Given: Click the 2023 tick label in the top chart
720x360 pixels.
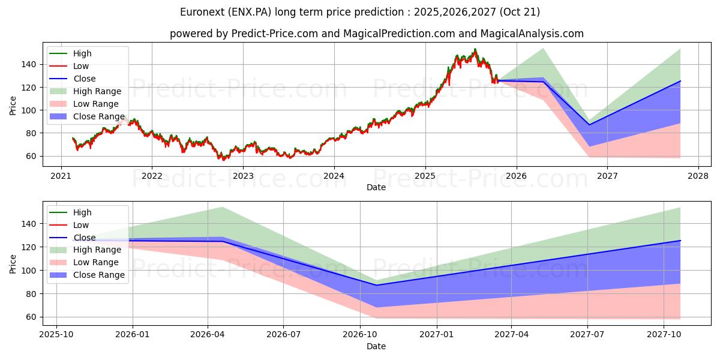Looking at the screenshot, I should click(243, 176).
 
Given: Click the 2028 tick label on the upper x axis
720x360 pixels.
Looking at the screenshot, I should click(698, 176).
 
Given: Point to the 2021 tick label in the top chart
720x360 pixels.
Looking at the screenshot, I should click(61, 176).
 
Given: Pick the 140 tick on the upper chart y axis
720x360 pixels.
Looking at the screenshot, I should click(31, 64).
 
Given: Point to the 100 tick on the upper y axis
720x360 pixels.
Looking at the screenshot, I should click(31, 110).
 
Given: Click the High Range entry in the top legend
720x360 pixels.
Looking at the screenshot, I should click(97, 91).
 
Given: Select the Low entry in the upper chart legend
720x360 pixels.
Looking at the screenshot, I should click(81, 66).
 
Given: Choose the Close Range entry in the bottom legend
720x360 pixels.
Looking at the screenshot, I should click(98, 275).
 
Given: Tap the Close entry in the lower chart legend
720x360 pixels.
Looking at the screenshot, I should click(84, 238).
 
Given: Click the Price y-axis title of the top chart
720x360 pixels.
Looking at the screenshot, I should click(13, 105).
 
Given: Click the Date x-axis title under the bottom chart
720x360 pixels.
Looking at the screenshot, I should click(376, 346).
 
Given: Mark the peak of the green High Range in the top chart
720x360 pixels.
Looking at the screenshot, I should click(543, 48).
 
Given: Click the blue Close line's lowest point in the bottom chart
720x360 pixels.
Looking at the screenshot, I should click(376, 285).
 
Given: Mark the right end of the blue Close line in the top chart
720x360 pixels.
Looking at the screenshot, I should click(680, 81).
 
